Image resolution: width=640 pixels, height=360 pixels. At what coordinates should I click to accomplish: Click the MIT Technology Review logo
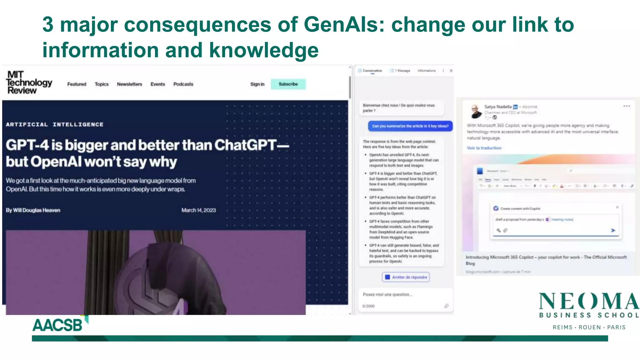[x=29, y=82]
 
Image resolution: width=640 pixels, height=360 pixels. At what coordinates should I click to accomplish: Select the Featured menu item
[x=77, y=84]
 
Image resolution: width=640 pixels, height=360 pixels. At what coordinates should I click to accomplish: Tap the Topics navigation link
[x=102, y=84]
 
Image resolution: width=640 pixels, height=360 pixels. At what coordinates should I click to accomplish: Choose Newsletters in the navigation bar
[x=129, y=84]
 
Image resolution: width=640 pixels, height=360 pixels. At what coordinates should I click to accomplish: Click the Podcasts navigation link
[x=183, y=84]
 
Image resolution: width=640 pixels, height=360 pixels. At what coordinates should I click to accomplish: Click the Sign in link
[x=257, y=84]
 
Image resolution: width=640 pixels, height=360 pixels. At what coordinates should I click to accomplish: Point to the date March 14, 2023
[x=198, y=210]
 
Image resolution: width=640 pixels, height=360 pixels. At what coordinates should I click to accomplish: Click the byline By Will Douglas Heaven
[x=33, y=210]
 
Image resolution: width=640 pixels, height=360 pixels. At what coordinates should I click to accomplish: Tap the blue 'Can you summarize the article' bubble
[x=410, y=126]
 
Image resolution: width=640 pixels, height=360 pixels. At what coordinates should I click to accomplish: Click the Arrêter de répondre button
[x=406, y=277]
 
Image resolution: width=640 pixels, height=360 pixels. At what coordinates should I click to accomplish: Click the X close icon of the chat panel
[x=451, y=71]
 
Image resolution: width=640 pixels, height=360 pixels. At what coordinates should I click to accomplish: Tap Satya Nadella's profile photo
[x=476, y=111]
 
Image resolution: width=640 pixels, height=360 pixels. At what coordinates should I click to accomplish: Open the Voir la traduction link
[x=484, y=148]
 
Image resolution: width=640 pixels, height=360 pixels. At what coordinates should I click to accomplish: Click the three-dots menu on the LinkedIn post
[x=627, y=106]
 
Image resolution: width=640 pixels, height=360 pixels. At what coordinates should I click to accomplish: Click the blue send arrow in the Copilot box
[x=613, y=230]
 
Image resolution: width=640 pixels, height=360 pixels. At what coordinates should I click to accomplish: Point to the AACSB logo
[x=58, y=325]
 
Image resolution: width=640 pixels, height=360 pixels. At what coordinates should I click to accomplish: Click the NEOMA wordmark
[x=589, y=302]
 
